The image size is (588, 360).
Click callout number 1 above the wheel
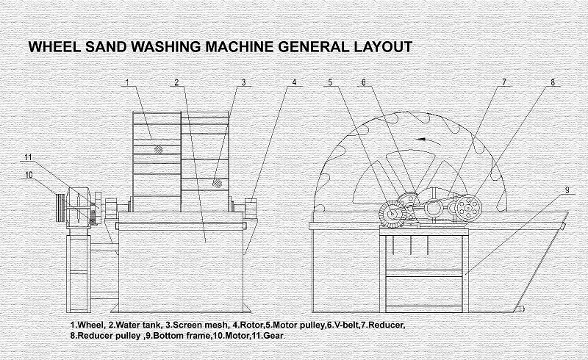[127, 83]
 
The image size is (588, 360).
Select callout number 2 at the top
[177, 82]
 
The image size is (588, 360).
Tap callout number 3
[243, 82]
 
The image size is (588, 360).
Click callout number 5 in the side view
[331, 82]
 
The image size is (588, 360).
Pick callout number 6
[363, 82]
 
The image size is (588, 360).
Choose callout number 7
[504, 82]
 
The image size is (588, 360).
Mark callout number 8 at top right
[553, 82]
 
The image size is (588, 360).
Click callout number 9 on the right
[567, 190]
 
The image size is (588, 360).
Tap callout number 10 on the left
[29, 174]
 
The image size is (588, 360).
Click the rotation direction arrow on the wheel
[420, 138]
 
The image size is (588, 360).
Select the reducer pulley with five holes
[465, 210]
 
